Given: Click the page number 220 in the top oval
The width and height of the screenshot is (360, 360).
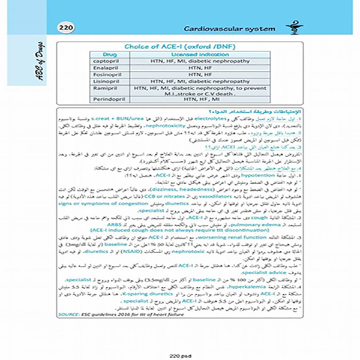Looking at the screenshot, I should point(64,28).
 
